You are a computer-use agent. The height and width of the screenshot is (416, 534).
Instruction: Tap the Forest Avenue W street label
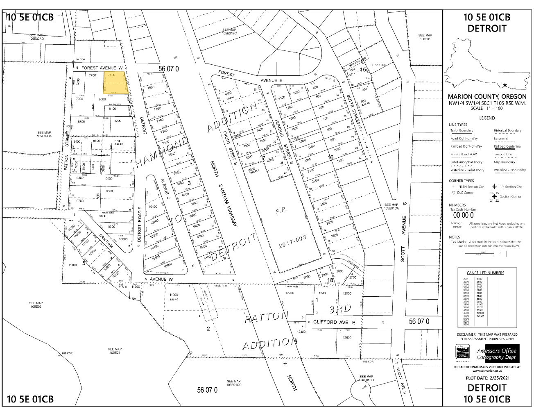(x=102, y=67)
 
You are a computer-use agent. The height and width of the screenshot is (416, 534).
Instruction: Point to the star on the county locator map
(x=505, y=85)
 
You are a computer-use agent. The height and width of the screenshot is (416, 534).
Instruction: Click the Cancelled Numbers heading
(x=485, y=273)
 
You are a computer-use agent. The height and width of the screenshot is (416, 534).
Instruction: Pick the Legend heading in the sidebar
(x=487, y=118)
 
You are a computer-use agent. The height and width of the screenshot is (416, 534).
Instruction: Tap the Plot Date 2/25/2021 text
(x=487, y=377)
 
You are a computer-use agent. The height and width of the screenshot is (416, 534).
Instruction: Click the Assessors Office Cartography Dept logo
(x=496, y=354)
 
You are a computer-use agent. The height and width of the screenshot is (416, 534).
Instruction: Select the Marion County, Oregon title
(x=487, y=97)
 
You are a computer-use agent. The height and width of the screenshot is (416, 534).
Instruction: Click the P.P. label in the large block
(x=281, y=210)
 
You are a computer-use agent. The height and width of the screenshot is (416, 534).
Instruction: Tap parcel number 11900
(x=174, y=295)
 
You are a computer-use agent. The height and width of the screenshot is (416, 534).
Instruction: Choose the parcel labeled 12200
(x=290, y=293)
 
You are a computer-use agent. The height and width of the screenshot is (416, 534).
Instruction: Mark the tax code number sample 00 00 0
(x=462, y=215)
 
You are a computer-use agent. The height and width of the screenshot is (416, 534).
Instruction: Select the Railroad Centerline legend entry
(x=507, y=146)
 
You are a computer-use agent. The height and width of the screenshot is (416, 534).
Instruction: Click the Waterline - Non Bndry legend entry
(x=510, y=170)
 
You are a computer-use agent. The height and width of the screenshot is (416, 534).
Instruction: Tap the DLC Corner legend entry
(x=463, y=193)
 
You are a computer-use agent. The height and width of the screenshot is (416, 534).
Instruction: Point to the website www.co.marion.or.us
(x=487, y=371)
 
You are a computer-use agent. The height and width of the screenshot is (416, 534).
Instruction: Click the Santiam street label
(x=106, y=241)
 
